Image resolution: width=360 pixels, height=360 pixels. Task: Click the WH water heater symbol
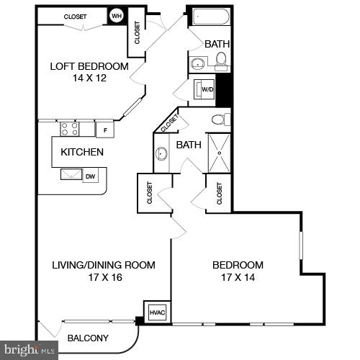coord(116,17)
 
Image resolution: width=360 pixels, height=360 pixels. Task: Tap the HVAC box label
coord(156,312)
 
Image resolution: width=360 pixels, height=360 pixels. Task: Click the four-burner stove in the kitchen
coord(69,129)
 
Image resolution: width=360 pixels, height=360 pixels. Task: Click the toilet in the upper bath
coord(222,60)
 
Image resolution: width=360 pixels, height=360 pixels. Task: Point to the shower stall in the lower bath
coord(220,151)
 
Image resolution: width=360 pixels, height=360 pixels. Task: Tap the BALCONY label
coord(88,338)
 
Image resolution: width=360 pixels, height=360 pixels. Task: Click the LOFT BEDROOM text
coord(89,66)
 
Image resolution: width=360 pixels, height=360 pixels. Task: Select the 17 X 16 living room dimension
coord(104,277)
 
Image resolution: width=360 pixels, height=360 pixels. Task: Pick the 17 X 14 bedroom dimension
coord(238,277)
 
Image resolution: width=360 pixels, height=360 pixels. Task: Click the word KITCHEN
coord(82,152)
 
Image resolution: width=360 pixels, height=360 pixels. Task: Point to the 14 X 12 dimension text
coord(89,78)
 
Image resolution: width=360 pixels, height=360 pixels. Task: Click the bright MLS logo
coord(29,351)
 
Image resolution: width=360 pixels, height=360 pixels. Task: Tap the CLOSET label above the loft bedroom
coord(75,17)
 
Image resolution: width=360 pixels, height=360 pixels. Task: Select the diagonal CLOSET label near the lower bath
coord(170,124)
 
